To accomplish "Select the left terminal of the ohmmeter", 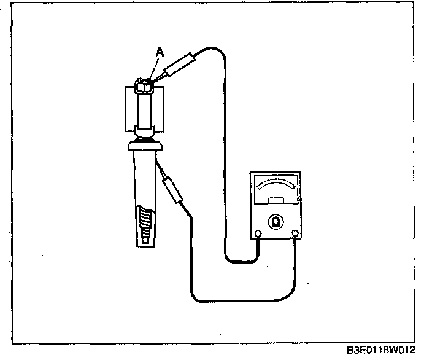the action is click(x=258, y=233).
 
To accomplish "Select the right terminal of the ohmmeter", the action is click(x=296, y=233).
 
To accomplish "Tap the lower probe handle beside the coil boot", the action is click(x=173, y=188).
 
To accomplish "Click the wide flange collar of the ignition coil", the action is click(x=145, y=146).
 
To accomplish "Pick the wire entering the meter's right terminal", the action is click(x=296, y=252).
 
